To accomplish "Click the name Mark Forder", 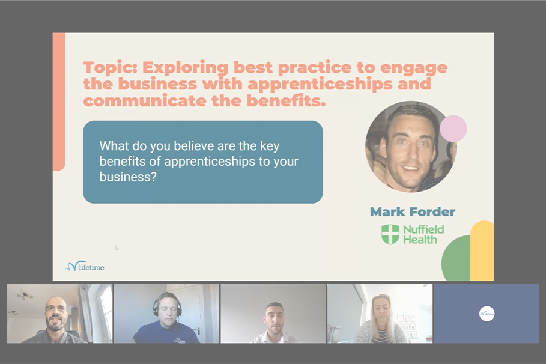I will click(x=412, y=211).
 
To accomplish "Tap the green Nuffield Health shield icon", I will click(x=390, y=234).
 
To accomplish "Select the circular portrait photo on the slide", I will click(x=410, y=147).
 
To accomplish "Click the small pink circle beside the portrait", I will click(x=453, y=129).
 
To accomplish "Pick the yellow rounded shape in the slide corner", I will click(x=482, y=250).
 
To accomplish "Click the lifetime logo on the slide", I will click(x=85, y=265).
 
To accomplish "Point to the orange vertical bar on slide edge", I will click(x=58, y=102).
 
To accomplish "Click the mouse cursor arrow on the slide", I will click(x=117, y=247).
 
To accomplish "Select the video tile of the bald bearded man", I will click(x=59, y=314).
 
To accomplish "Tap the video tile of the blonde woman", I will click(x=380, y=314).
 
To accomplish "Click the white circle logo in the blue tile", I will click(x=487, y=313).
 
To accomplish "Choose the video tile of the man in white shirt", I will click(x=273, y=314).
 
